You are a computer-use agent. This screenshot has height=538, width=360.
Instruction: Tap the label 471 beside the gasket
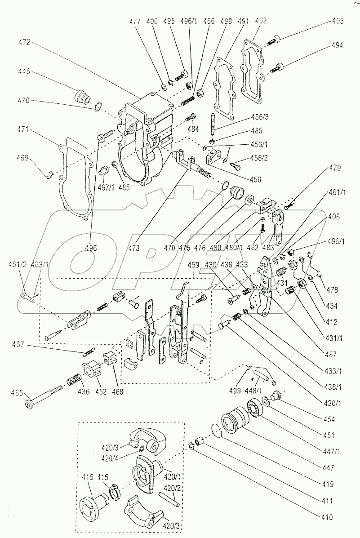point(25,129)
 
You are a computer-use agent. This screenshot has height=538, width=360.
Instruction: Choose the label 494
point(338,45)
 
